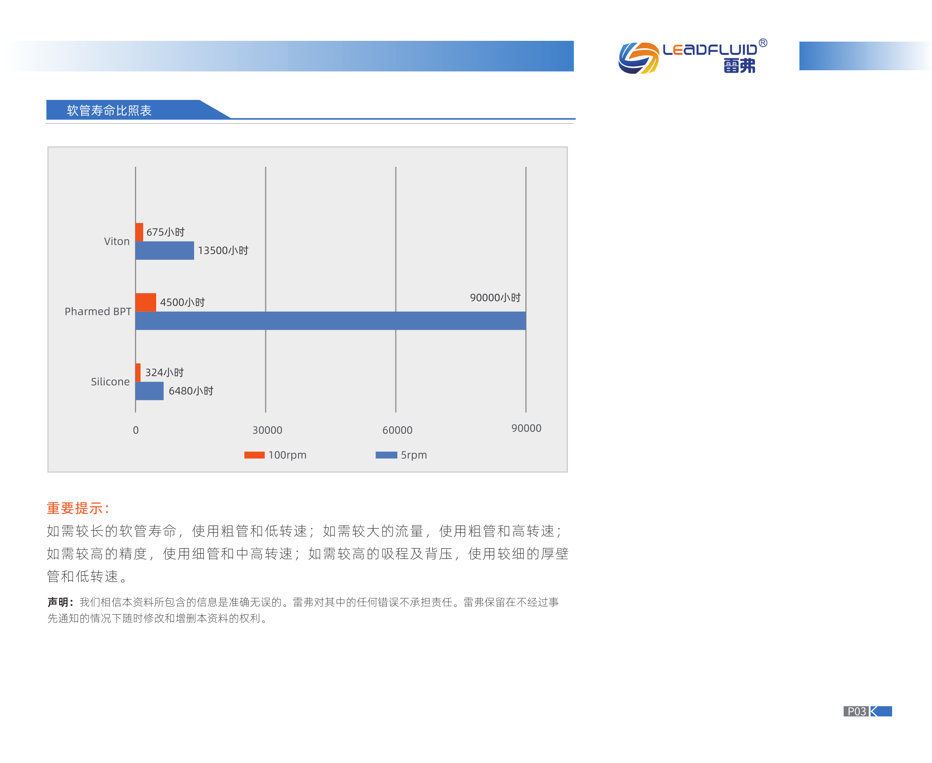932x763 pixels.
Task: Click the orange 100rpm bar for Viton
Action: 139,232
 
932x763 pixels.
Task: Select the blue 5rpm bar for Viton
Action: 165,250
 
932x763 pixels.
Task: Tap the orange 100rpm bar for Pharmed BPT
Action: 146,302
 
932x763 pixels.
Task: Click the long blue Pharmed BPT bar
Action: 331,321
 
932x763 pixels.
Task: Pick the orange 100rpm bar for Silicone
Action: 138,373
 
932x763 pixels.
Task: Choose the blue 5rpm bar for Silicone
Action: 149,391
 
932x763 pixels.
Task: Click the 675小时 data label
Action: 166,232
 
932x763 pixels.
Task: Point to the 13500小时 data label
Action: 223,250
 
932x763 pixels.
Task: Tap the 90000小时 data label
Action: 495,298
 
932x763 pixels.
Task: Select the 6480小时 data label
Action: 191,391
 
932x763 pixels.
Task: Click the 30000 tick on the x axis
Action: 267,430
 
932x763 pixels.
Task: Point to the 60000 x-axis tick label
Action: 397,430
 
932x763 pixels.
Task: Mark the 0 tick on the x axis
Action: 136,430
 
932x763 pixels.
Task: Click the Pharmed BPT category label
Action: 98,311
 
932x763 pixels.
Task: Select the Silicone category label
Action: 110,381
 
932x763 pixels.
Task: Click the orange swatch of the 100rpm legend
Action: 254,455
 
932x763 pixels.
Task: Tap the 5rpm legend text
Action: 414,455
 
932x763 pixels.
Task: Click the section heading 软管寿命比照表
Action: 109,110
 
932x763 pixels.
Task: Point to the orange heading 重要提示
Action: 78,508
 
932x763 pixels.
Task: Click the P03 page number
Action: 856,711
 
